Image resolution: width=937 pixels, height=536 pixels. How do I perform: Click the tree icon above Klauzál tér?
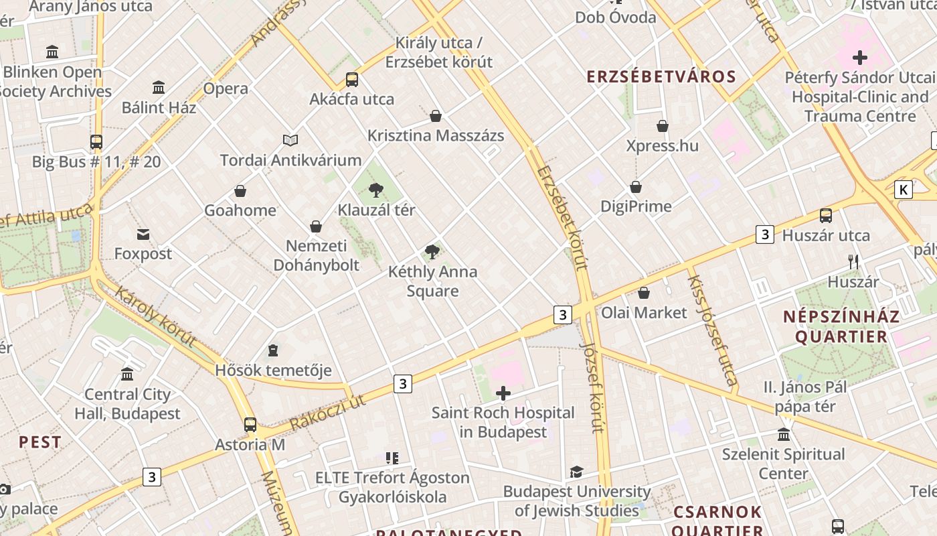[x=376, y=190]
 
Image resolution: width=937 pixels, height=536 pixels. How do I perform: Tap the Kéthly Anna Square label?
[x=432, y=281]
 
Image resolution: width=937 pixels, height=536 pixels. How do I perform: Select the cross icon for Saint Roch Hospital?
[x=503, y=393]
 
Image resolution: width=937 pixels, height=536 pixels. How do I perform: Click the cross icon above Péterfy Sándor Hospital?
[x=859, y=58]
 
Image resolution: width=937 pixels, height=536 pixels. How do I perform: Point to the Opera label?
[x=226, y=88]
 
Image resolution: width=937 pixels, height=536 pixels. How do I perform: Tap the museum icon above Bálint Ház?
[x=159, y=87]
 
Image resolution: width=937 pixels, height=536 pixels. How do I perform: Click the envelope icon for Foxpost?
[x=143, y=234]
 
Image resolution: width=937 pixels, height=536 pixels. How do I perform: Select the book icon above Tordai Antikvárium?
[x=290, y=140]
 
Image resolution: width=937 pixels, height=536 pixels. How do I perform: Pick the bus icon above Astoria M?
[x=250, y=425]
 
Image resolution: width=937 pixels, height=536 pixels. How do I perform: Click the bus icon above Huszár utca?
[x=826, y=216]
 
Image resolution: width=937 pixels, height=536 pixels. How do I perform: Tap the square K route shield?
[x=903, y=190]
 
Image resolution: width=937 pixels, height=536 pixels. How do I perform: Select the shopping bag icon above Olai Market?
[x=644, y=293]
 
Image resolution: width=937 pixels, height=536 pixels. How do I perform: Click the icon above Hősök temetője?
[x=273, y=350]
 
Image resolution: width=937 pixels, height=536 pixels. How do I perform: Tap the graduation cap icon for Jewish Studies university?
[x=576, y=472]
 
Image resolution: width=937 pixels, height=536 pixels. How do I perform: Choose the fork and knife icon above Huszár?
[x=853, y=261]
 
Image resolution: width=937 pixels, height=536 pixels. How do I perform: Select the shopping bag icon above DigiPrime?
[x=636, y=187]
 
